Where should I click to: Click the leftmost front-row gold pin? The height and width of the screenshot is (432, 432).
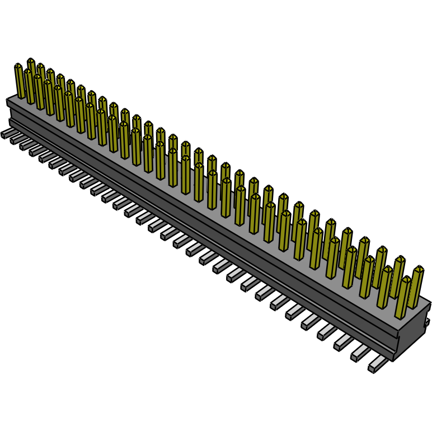point(20,82)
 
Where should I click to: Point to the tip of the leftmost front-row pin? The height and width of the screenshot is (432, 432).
point(18,66)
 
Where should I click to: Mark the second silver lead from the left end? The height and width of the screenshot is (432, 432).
point(16,139)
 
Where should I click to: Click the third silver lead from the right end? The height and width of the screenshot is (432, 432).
point(342,342)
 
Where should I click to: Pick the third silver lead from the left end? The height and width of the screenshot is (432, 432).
point(25,145)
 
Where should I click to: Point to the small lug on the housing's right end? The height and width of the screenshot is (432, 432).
point(428,323)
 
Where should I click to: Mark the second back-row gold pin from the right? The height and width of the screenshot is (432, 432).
point(398,276)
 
